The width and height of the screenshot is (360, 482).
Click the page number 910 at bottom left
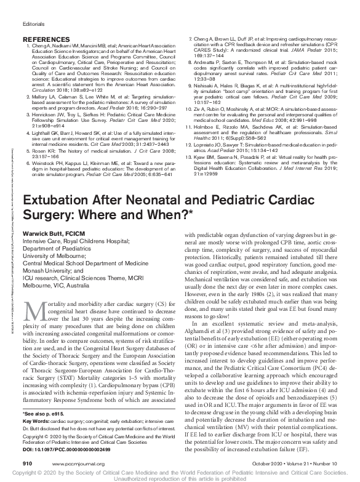point(26,461)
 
